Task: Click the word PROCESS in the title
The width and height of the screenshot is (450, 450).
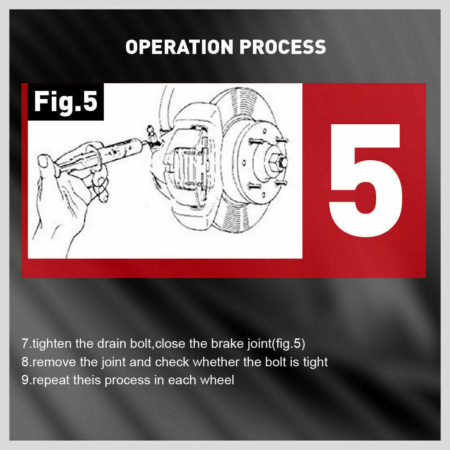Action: pyautogui.click(x=283, y=47)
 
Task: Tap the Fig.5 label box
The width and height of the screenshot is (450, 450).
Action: pyautogui.click(x=66, y=102)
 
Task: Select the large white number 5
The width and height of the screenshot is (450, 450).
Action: pyautogui.click(x=365, y=180)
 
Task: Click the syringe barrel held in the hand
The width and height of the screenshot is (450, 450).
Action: pyautogui.click(x=121, y=152)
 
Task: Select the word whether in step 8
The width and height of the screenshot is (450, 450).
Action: pyautogui.click(x=216, y=362)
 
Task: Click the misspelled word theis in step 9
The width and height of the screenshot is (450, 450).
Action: pyautogui.click(x=87, y=380)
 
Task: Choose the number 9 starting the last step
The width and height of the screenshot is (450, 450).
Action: pyautogui.click(x=25, y=380)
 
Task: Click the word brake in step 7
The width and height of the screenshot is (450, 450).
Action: pyautogui.click(x=227, y=343)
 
